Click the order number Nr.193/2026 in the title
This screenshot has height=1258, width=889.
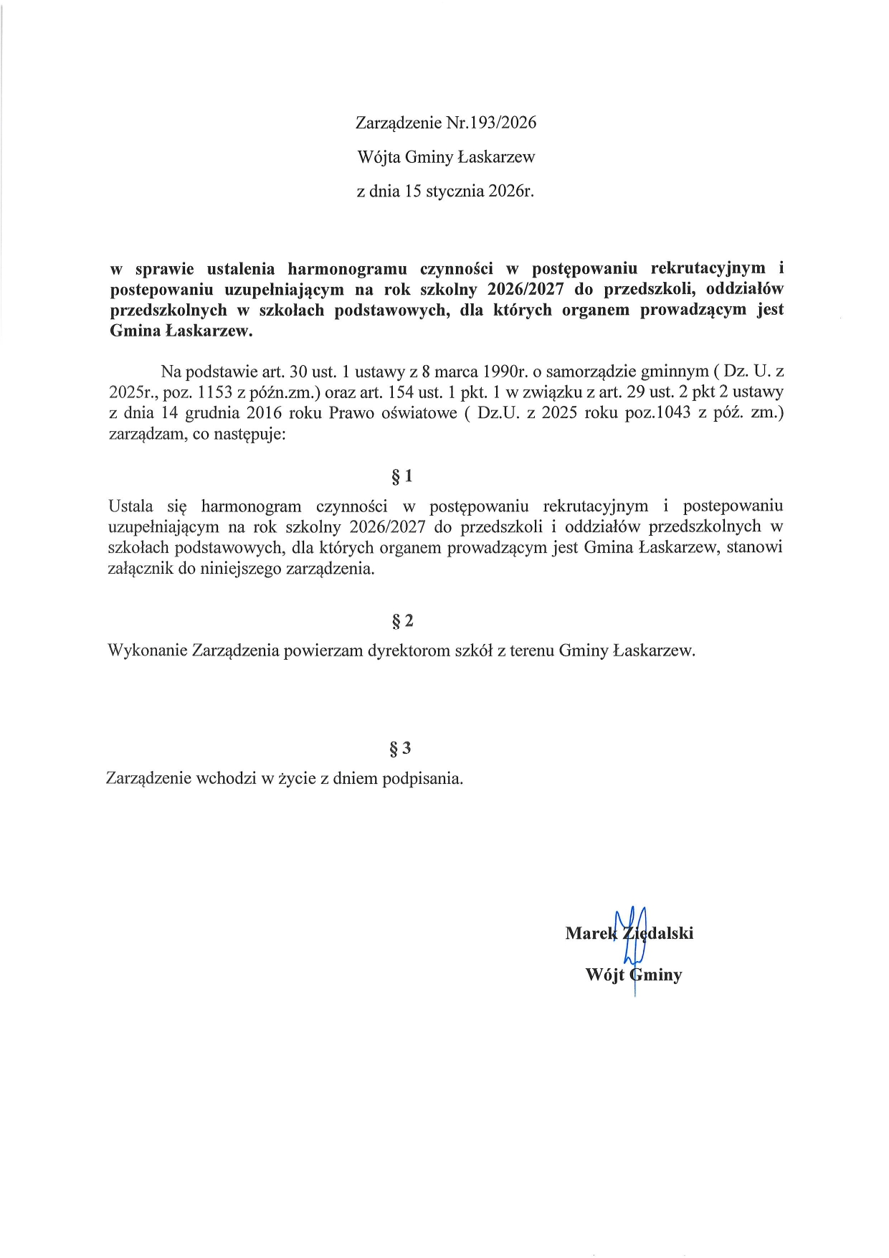coord(491,123)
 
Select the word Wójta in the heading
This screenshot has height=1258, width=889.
coord(379,157)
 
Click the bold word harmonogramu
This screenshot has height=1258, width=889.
coord(347,269)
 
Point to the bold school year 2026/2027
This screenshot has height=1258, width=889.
coord(526,290)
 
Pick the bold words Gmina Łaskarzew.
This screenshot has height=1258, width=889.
coord(181,331)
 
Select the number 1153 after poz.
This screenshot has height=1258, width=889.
coord(214,392)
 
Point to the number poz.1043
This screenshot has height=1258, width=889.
coord(657,413)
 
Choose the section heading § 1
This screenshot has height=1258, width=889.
coord(401,476)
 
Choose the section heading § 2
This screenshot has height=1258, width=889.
coord(401,621)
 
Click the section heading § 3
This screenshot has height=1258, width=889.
coord(400,749)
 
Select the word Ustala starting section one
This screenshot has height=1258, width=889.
coord(130,506)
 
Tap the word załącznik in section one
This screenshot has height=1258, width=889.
coord(140,569)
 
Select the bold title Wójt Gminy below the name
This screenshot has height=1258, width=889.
coord(634,975)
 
